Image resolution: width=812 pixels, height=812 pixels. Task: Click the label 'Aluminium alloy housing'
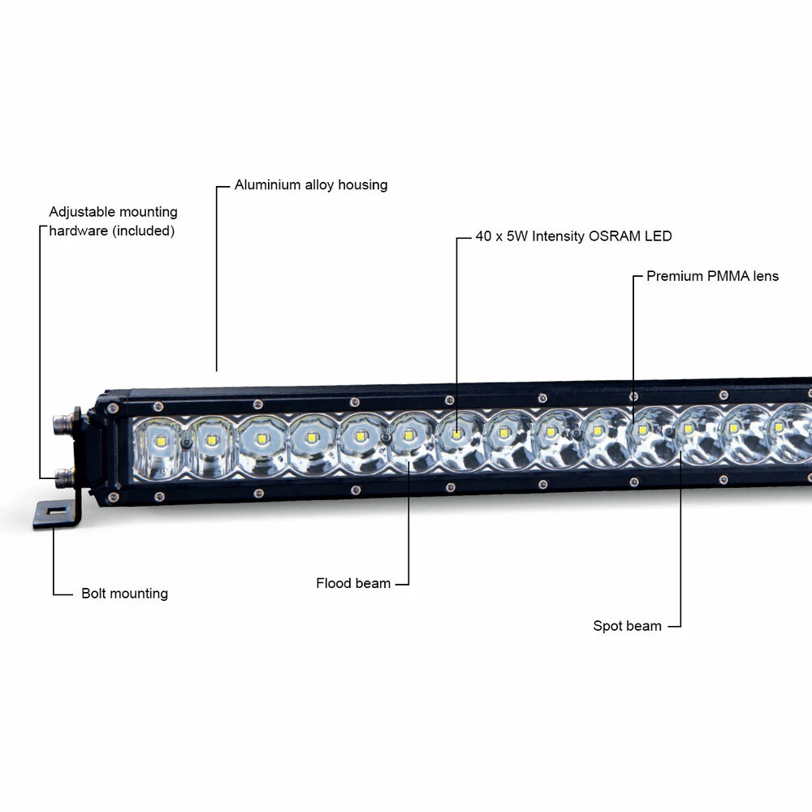coord(311,185)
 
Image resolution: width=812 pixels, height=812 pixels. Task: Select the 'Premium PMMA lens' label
coord(712,277)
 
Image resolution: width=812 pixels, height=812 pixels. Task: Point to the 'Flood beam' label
coord(353,584)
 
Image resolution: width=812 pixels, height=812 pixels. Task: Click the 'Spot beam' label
coord(627,627)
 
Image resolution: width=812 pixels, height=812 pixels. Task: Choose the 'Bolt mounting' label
coord(124,594)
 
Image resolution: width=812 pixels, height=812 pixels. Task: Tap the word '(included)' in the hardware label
coord(144,231)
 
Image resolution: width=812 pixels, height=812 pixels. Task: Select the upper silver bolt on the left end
coord(61,421)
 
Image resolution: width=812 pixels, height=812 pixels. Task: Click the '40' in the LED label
coord(484,237)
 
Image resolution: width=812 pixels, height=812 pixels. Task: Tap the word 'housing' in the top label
coord(362,185)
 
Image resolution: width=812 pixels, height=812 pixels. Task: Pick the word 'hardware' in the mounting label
coord(79,231)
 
